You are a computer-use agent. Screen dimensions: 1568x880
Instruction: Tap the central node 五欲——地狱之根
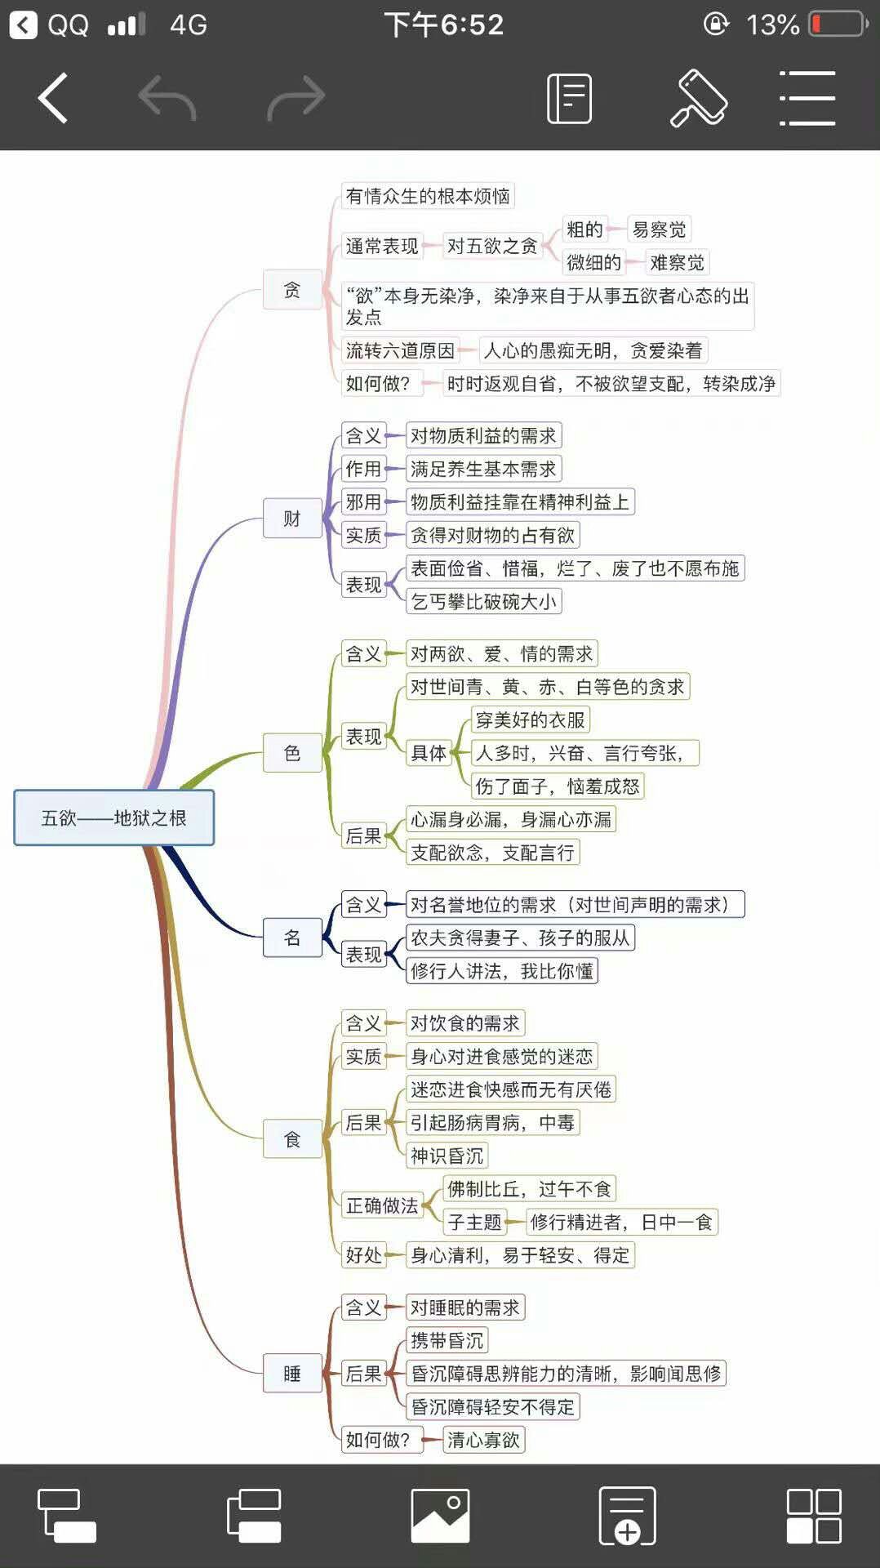113,817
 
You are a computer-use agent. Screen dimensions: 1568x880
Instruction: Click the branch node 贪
292,289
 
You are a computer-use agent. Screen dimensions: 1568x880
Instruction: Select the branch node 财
292,518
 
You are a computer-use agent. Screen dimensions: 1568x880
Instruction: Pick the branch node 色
292,752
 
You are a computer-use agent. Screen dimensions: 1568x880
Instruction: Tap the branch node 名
292,937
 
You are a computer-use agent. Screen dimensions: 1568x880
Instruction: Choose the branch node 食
292,1138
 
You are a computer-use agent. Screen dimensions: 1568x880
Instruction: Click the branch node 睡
292,1373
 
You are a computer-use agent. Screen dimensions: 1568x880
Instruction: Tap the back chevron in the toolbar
52,99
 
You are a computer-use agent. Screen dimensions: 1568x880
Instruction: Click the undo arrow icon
167,99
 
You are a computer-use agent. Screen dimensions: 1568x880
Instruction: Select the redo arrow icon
296,99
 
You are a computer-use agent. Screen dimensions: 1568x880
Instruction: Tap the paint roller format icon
698,99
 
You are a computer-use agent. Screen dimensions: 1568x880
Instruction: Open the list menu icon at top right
807,99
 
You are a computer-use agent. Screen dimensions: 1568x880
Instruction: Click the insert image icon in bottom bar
440,1515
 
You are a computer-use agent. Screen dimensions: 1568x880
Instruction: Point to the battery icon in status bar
838,24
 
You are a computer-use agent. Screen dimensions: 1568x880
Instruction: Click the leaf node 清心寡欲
483,1440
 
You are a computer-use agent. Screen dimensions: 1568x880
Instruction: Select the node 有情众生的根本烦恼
428,196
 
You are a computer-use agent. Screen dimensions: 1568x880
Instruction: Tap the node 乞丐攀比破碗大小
483,602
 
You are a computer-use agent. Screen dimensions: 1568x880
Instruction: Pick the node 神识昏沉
447,1156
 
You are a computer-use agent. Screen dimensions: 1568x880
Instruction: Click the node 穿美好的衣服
531,719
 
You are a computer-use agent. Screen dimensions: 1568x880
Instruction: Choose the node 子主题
474,1222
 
